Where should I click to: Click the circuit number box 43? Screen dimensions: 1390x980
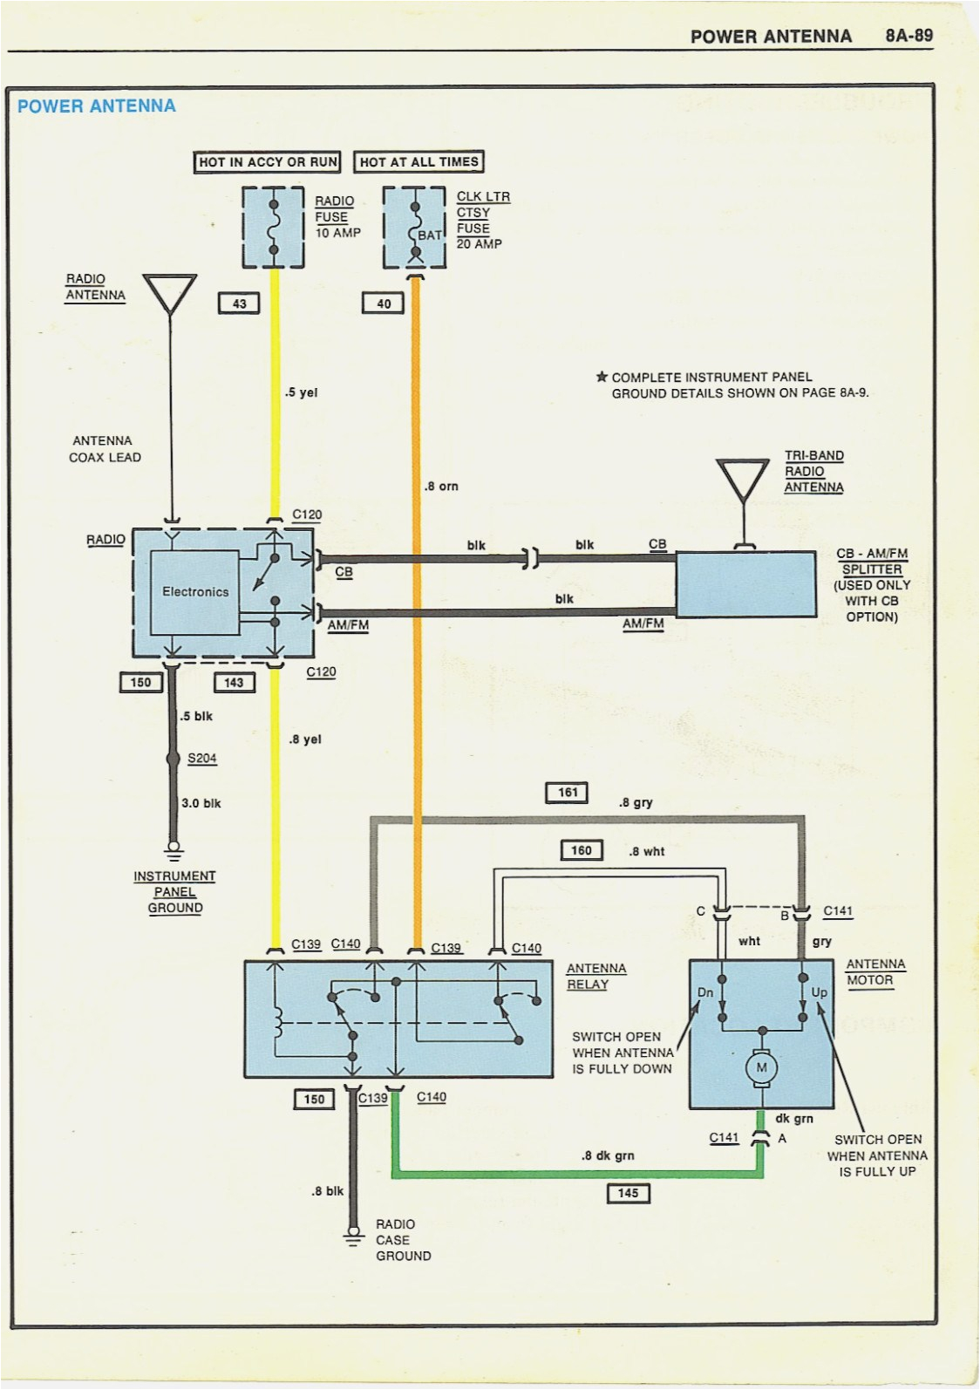[x=239, y=303]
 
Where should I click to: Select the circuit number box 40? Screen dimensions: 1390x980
[x=384, y=303]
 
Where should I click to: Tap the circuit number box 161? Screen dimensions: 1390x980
[x=568, y=793]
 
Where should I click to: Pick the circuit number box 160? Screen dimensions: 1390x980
[x=582, y=850]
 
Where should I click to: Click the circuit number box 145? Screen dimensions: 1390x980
[x=628, y=1193]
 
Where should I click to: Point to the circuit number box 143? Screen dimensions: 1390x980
[x=234, y=682]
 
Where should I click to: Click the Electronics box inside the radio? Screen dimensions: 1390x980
[x=195, y=592]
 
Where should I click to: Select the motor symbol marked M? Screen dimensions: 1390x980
[x=761, y=1068]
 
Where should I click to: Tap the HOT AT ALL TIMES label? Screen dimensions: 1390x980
[x=419, y=162]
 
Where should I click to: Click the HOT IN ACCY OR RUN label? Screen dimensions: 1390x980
[x=268, y=162]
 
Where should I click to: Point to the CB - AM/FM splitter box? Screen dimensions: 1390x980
[x=746, y=583]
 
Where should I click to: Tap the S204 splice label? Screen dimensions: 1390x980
[x=202, y=759]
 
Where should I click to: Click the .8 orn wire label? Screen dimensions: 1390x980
[x=441, y=487]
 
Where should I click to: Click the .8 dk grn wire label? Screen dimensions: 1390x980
[x=608, y=1156]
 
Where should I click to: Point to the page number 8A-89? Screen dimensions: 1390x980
[x=909, y=36]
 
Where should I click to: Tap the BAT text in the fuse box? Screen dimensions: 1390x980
[x=430, y=235]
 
